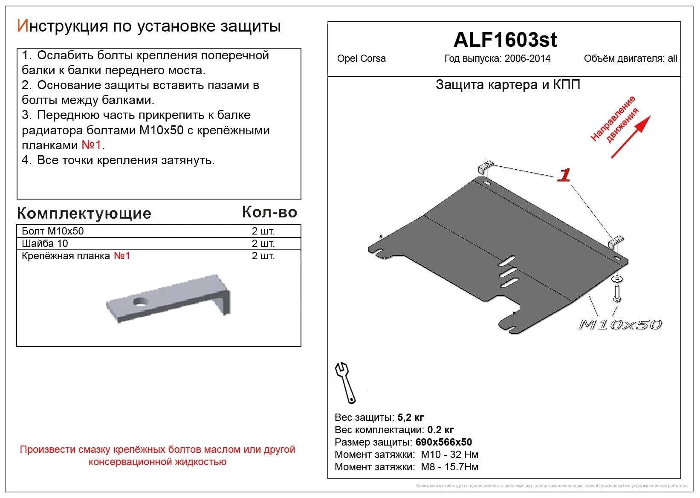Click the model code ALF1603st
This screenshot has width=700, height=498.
point(505,40)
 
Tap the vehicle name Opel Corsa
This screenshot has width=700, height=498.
point(361,59)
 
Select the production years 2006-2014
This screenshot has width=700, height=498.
point(527,59)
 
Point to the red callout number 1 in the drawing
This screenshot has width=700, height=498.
point(564,175)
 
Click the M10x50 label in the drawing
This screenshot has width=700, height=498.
point(620,325)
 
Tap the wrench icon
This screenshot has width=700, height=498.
point(345,382)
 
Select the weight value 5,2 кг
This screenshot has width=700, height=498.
point(410,417)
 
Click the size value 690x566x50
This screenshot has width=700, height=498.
point(443,442)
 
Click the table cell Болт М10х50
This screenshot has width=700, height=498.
point(53,231)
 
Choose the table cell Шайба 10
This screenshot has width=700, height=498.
point(45,243)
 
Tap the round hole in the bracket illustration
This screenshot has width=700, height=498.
point(140,302)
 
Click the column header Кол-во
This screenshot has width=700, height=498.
point(269,212)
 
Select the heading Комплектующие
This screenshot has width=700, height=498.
point(84,213)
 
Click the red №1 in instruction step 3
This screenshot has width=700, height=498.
point(91,145)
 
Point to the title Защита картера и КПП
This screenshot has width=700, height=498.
point(508,85)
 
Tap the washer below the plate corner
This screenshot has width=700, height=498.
point(616,279)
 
